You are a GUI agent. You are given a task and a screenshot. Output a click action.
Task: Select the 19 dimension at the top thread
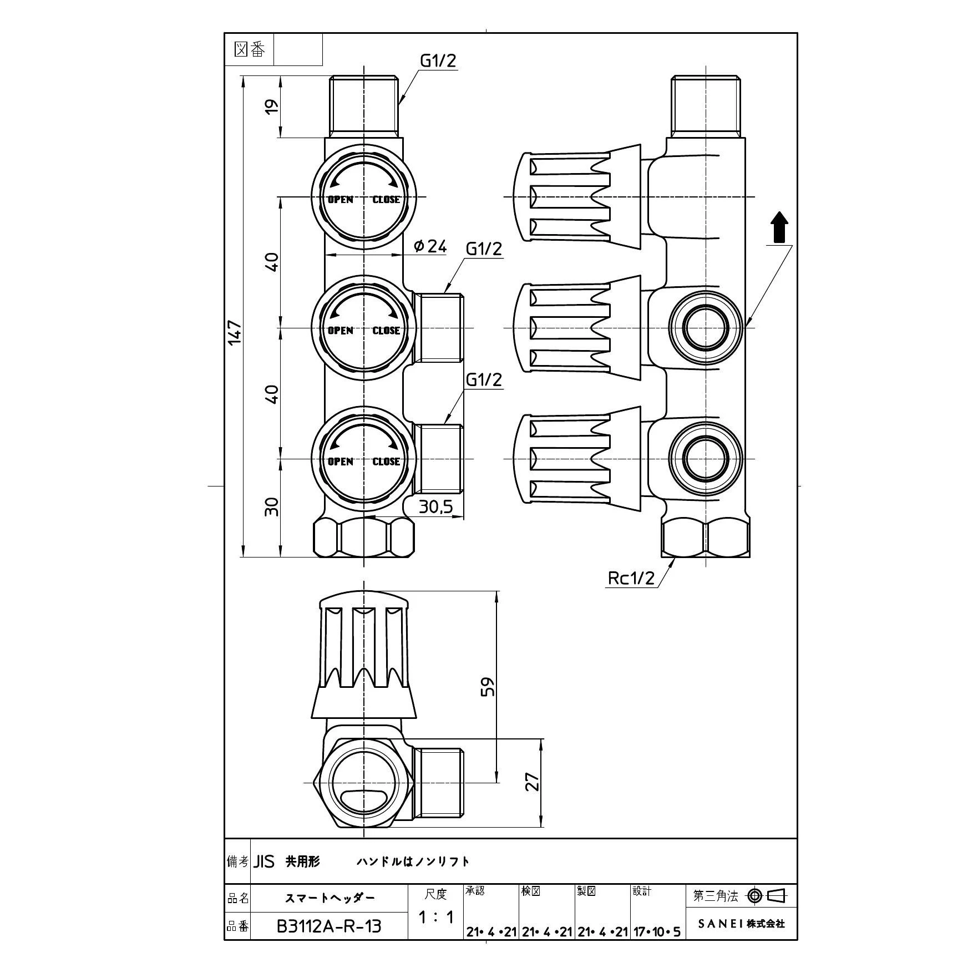click(x=271, y=107)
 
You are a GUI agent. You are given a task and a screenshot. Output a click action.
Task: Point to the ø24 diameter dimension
click(x=430, y=246)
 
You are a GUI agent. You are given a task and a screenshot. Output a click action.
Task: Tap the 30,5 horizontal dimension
click(x=435, y=507)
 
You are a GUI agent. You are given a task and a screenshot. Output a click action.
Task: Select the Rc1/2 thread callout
click(x=631, y=578)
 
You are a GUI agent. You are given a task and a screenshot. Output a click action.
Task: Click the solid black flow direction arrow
click(x=780, y=227)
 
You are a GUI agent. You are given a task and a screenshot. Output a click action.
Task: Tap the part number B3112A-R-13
click(x=328, y=926)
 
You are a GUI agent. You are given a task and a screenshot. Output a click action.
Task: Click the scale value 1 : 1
click(x=436, y=918)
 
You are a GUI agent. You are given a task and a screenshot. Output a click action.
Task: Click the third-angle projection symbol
click(x=768, y=895)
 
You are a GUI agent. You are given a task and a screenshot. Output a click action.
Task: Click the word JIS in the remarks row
click(x=265, y=861)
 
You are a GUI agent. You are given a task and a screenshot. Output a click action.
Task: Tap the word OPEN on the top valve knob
click(x=340, y=200)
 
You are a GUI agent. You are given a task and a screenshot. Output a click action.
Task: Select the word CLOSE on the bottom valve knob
click(x=386, y=462)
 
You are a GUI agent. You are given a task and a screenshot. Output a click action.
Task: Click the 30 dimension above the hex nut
click(x=271, y=506)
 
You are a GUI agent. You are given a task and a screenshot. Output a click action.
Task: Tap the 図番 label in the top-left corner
click(x=250, y=50)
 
